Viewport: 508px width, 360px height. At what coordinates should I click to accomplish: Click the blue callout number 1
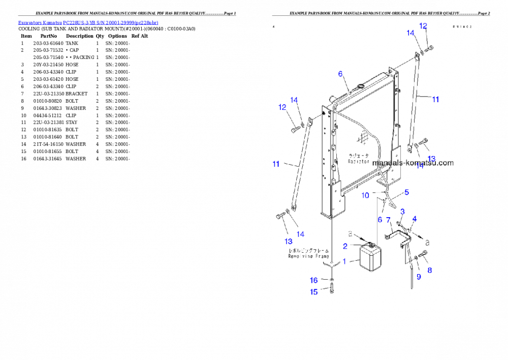point(344,261)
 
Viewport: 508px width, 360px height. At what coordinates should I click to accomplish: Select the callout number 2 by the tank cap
point(345,246)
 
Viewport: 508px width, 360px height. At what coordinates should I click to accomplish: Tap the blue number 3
point(402,212)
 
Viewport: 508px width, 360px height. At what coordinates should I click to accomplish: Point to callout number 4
point(415,219)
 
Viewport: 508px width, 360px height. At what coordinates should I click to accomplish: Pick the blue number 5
point(406,192)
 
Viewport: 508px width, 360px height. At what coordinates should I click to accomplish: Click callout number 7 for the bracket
point(388,220)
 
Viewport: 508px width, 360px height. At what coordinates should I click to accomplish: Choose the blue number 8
point(430,271)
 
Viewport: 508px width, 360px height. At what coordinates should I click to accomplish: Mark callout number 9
point(419,277)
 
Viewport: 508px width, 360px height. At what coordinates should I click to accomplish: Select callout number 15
point(314,292)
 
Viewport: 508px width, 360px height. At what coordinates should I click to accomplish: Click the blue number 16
point(314,280)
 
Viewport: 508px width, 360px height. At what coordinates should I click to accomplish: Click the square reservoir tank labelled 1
point(370,258)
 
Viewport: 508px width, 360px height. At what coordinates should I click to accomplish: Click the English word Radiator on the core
point(358,161)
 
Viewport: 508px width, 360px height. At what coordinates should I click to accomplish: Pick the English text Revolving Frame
point(308,257)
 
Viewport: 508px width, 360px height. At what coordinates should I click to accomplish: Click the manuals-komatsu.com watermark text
point(412,163)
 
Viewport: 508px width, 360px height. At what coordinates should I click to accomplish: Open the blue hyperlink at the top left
point(88,23)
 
